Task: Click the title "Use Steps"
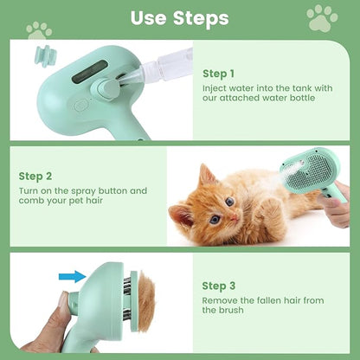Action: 179,17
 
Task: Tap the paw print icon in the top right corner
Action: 321,16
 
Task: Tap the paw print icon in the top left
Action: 39,30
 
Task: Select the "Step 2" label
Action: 35,176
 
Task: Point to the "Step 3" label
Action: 218,285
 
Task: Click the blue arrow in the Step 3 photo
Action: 73,277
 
